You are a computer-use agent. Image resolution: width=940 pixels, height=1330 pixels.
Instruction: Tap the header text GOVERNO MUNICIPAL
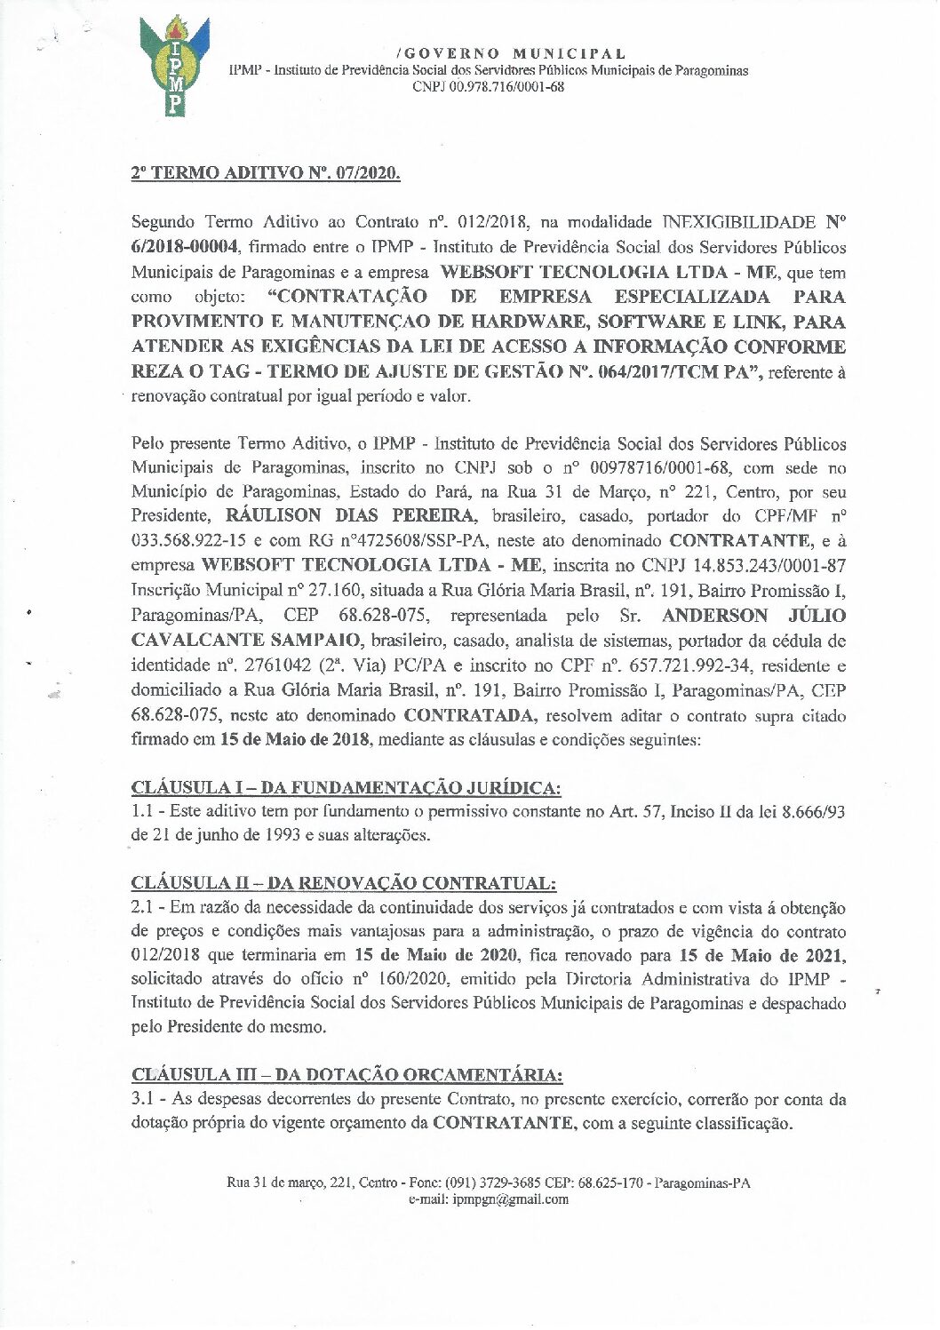point(512,54)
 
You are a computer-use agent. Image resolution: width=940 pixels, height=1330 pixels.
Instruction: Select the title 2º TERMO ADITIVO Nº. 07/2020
point(266,172)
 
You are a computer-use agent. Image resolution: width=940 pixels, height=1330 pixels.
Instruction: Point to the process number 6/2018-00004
point(185,246)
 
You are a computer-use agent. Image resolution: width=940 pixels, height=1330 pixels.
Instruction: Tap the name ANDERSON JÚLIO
point(754,616)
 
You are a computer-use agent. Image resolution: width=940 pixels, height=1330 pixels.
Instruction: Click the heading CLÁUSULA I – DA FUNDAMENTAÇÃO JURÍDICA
point(347,787)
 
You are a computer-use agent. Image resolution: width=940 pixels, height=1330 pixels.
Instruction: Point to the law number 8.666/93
point(810,811)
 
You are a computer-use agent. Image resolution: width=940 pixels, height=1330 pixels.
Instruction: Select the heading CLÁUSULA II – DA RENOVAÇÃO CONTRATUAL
point(344,883)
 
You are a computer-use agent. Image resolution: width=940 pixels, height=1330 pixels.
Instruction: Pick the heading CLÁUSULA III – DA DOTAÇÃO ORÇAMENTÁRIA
point(347,1075)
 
